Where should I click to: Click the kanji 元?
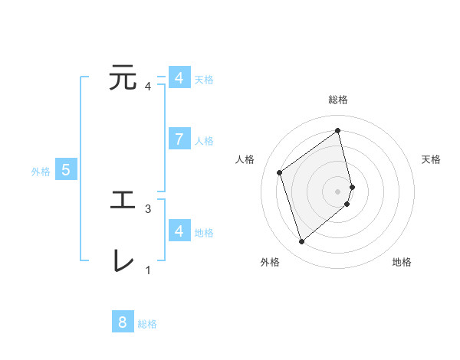tap(123, 77)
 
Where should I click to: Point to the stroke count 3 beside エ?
tap(148, 208)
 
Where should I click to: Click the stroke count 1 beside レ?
tap(148, 270)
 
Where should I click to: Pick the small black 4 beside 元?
tap(148, 86)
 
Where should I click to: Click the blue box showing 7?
tap(179, 139)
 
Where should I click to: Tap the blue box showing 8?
tap(123, 322)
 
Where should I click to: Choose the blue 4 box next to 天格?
tap(179, 78)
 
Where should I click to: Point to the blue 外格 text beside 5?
tap(41, 172)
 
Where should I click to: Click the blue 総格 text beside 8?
tap(147, 324)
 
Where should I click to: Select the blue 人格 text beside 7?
tap(204, 141)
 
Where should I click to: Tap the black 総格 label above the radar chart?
tap(338, 100)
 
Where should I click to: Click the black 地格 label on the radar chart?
tap(402, 262)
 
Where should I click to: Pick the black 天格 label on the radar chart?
tap(432, 159)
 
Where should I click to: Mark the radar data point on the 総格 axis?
tap(338, 130)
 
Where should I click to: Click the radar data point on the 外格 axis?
tap(301, 242)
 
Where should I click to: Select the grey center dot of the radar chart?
tap(338, 190)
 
